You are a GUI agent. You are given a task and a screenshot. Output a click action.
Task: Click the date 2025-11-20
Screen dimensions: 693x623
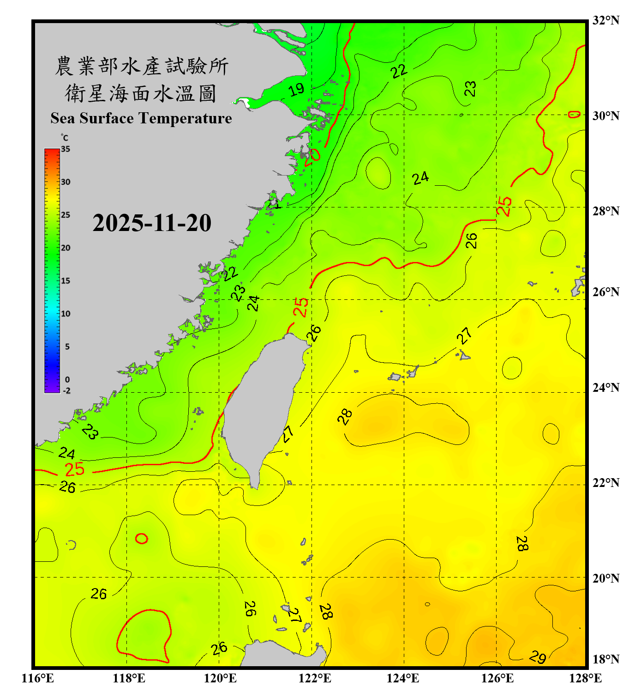click(152, 223)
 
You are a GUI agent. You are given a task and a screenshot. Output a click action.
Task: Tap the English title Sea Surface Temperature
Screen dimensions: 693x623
click(141, 118)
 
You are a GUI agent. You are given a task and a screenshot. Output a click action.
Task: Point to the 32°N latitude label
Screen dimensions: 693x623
click(606, 20)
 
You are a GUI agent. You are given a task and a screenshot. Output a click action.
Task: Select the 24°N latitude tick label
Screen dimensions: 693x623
click(606, 387)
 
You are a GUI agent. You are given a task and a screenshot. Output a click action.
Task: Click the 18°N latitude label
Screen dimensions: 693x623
click(606, 659)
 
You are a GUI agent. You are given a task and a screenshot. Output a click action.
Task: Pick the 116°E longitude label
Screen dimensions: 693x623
click(38, 678)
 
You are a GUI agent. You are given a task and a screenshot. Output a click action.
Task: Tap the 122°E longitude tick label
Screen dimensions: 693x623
click(315, 678)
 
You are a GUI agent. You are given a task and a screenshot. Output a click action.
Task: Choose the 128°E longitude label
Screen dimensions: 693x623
click(585, 678)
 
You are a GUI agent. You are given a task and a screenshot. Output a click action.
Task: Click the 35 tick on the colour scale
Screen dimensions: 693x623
click(66, 149)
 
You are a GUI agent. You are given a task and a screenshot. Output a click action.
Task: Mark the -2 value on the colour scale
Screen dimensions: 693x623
click(66, 391)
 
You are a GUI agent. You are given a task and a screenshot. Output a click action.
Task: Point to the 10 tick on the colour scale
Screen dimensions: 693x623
click(66, 314)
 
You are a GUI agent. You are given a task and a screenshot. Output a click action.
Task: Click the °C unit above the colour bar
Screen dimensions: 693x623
click(65, 138)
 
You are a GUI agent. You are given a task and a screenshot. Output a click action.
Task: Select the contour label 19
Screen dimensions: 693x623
click(296, 89)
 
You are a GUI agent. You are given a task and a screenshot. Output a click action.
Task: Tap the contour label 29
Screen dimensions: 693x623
click(538, 657)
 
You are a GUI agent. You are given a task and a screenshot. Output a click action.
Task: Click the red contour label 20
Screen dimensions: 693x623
click(312, 155)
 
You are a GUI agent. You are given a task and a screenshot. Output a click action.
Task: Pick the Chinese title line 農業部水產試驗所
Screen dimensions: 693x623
click(141, 66)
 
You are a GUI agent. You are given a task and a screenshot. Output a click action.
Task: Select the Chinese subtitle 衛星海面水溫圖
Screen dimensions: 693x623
click(141, 93)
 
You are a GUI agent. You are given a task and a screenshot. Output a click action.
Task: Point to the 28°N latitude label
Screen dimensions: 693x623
click(606, 211)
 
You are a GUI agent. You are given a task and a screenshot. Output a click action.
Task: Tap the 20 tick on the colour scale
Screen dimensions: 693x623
click(66, 248)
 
